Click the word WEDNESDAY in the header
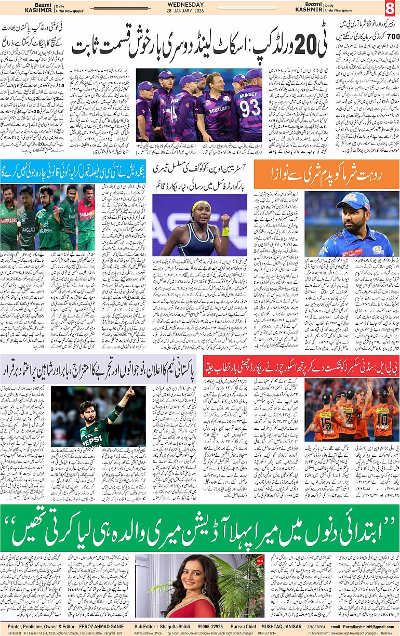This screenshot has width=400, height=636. [185, 5]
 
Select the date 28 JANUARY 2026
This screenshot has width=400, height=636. [185, 11]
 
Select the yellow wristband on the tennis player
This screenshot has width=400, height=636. [225, 231]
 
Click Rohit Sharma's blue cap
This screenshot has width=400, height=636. [353, 201]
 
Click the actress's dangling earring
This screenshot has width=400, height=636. [204, 589]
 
